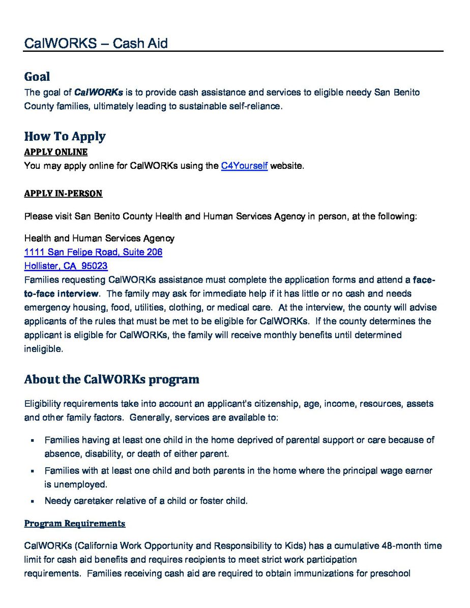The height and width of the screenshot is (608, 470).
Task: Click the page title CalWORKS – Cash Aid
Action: click(x=96, y=44)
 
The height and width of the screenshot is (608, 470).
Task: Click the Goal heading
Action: click(x=37, y=77)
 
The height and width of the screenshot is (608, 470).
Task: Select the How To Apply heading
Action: click(x=65, y=136)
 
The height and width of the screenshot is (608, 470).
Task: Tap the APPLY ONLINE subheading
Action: click(x=55, y=152)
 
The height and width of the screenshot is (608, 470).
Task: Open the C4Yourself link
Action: click(x=244, y=166)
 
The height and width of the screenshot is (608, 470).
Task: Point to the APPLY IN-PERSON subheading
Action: click(x=63, y=193)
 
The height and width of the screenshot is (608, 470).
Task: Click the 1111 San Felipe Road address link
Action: click(x=93, y=252)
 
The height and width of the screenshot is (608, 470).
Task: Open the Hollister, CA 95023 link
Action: click(x=66, y=266)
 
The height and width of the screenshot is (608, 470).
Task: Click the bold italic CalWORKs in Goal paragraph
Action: click(x=99, y=93)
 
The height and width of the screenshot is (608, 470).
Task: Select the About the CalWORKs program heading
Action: click(x=111, y=379)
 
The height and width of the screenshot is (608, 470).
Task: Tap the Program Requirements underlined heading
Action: click(x=74, y=523)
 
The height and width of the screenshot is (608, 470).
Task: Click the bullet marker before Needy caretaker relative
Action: click(x=32, y=501)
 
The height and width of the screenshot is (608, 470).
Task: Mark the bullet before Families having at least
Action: click(x=32, y=440)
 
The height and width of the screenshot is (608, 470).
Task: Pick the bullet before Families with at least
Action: click(x=32, y=471)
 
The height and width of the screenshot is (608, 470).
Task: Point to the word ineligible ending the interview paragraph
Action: click(x=43, y=349)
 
